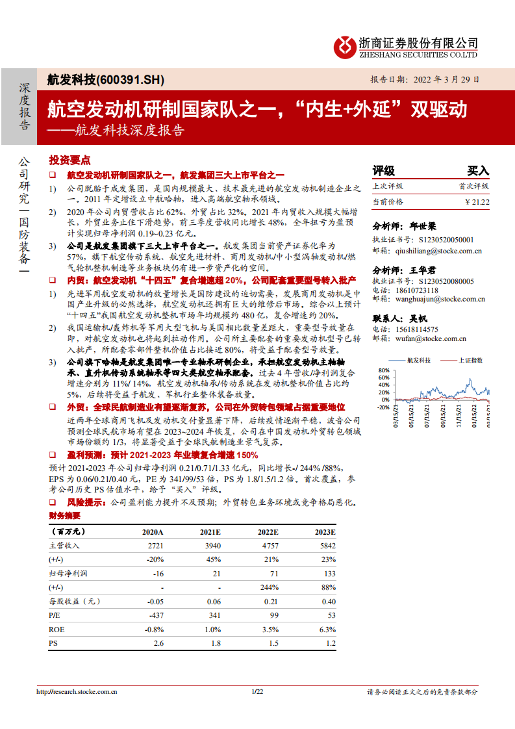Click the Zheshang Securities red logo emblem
[345, 45]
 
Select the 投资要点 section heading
[70, 160]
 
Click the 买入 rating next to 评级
[478, 171]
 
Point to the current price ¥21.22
[477, 202]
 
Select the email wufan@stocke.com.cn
[428, 339]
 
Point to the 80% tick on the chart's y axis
[383, 370]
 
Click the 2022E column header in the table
[268, 531]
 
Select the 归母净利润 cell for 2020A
[157, 574]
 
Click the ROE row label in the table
[57, 630]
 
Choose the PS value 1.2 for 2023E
[330, 643]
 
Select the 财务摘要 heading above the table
[65, 516]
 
